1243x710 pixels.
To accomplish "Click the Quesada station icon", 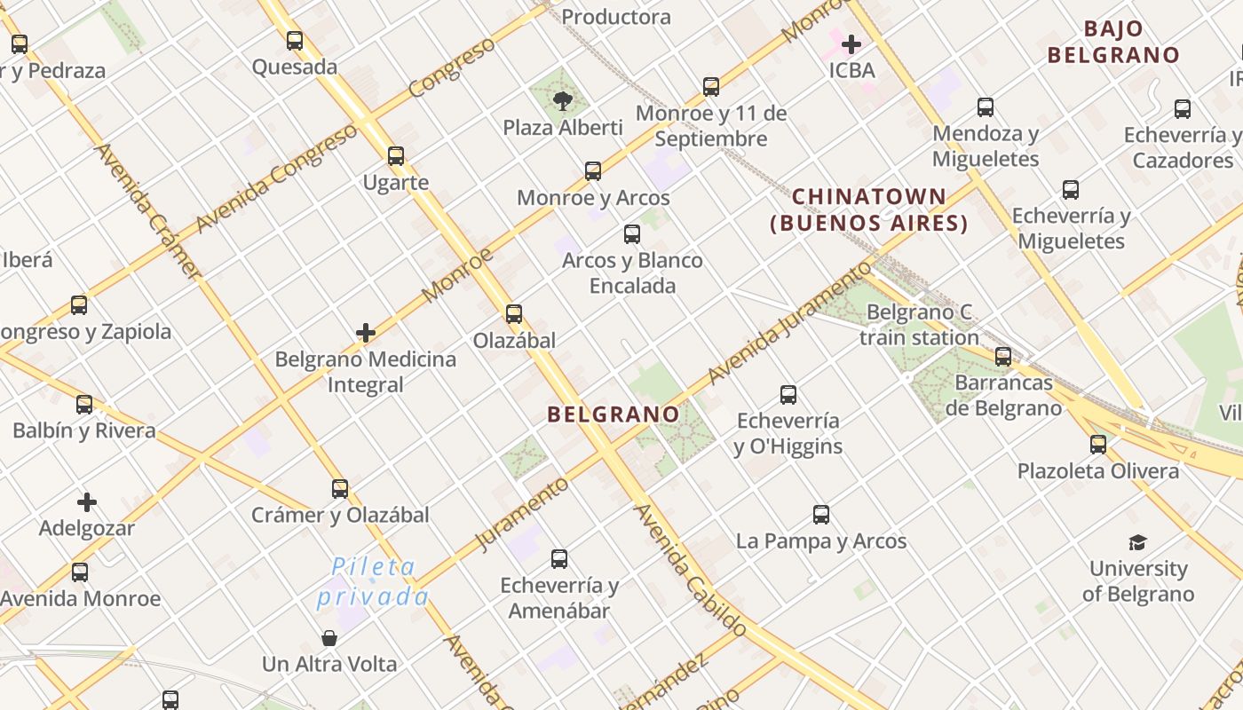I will (295, 41).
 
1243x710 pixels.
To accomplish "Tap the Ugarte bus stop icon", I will (396, 156).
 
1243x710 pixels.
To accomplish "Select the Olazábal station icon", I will (514, 313).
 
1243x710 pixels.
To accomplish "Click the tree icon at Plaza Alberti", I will (562, 100).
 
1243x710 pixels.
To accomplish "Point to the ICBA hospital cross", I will (851, 43).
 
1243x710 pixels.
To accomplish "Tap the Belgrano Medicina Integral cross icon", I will (365, 333).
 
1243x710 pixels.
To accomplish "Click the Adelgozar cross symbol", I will (87, 502).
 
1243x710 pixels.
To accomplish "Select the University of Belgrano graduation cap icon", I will (1137, 542).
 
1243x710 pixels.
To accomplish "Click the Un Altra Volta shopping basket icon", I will (329, 638).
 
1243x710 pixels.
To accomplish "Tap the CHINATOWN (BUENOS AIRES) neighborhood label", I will (869, 209).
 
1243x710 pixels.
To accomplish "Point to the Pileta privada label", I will (373, 581).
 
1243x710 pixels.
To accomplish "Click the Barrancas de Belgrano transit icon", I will (1003, 357).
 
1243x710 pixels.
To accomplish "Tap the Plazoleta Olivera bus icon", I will (1098, 445).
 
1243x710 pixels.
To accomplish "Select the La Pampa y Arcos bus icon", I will (821, 515).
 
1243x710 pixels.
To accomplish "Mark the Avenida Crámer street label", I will (146, 211).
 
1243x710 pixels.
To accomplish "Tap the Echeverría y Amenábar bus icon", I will (559, 559).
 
